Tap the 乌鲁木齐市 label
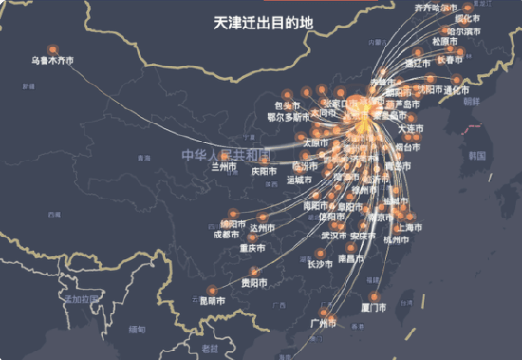[53, 64]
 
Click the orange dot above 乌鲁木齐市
[52, 50]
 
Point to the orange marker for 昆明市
[208, 291]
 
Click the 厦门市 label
[373, 309]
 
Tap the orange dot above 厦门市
[373, 296]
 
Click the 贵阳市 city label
[253, 283]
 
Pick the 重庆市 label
[252, 249]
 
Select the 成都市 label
[226, 235]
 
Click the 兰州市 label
[225, 166]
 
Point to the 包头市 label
[288, 105]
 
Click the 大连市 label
[410, 128]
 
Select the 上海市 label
[409, 228]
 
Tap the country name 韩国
[477, 154]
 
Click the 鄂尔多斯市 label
[289, 118]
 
